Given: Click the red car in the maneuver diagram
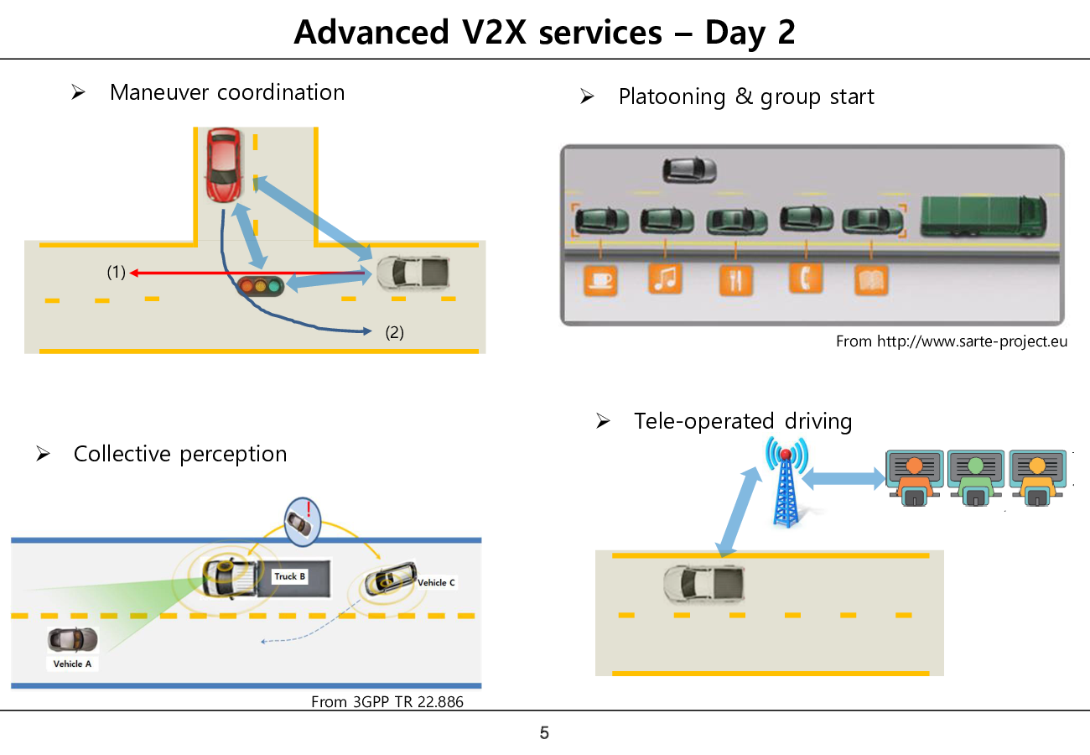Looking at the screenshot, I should [x=223, y=164].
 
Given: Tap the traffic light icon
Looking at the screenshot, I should [x=260, y=285].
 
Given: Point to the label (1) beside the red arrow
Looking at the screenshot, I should [x=116, y=272].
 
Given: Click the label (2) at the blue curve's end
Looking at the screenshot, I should [x=394, y=332].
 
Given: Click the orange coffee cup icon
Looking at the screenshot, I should [x=600, y=279].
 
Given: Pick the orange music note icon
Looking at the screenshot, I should [x=666, y=279].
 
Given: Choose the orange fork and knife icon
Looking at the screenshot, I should [x=736, y=279].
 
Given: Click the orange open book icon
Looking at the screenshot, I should [x=871, y=279].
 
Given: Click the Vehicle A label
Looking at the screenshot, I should [x=73, y=664].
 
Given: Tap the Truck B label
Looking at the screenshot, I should [x=290, y=576].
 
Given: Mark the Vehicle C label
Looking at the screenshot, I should [x=437, y=582].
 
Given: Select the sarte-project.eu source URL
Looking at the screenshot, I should [x=972, y=341].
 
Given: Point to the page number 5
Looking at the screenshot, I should [x=544, y=733].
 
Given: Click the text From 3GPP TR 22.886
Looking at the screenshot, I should [x=387, y=701].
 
